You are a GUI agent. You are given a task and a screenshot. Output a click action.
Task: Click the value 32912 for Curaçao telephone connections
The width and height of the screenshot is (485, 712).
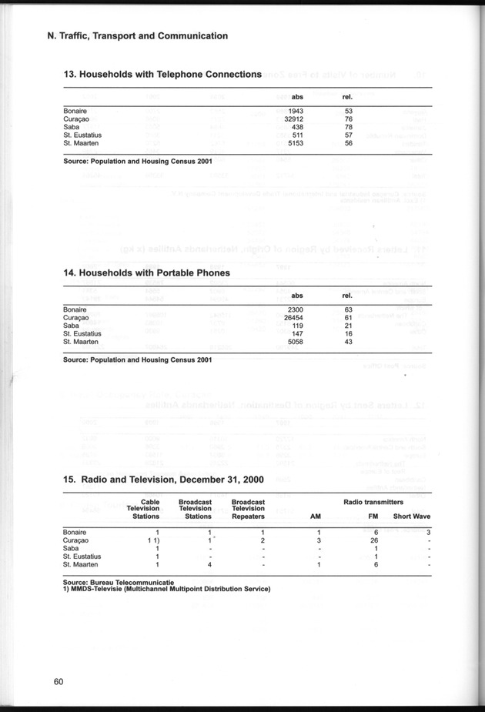click(296, 120)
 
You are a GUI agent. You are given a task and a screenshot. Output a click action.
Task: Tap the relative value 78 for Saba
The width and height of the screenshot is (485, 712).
click(348, 128)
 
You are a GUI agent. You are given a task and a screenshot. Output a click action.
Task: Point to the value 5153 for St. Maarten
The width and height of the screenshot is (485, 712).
click(298, 143)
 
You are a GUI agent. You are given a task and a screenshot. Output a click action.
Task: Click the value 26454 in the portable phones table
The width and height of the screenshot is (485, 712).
click(296, 318)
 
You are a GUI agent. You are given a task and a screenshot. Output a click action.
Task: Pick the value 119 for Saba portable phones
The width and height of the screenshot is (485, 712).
click(299, 326)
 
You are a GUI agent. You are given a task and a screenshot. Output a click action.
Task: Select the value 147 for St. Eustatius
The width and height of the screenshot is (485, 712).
click(299, 333)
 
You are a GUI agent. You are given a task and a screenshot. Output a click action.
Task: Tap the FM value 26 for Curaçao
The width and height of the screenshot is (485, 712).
click(373, 540)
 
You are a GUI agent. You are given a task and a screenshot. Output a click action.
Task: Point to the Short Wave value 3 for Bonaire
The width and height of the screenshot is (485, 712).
click(427, 533)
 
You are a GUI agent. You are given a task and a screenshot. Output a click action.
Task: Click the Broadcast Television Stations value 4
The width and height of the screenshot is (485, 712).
click(209, 565)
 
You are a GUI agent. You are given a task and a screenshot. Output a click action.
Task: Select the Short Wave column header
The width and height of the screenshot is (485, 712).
click(411, 516)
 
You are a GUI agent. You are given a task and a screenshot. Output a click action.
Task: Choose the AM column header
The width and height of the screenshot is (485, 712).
click(315, 516)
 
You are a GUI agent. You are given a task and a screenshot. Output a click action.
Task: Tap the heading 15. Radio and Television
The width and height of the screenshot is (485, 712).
click(163, 480)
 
